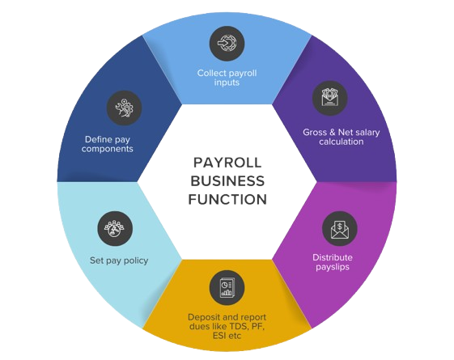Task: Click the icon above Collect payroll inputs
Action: (x=227, y=44)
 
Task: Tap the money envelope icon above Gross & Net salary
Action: (x=330, y=98)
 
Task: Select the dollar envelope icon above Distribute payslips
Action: (x=340, y=229)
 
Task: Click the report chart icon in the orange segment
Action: (x=227, y=288)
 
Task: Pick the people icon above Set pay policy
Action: (x=115, y=229)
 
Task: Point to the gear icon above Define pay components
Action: (x=124, y=108)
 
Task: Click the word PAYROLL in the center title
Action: (x=227, y=163)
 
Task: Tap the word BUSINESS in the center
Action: (x=227, y=181)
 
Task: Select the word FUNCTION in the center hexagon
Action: (x=227, y=199)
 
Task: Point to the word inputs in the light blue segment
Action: (x=227, y=83)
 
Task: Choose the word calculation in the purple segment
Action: (x=341, y=142)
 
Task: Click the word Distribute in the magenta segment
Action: (x=333, y=257)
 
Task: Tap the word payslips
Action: (x=333, y=267)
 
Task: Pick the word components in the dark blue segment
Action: (x=107, y=149)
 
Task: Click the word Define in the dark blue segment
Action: (x=95, y=139)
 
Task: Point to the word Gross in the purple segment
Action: (x=314, y=132)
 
